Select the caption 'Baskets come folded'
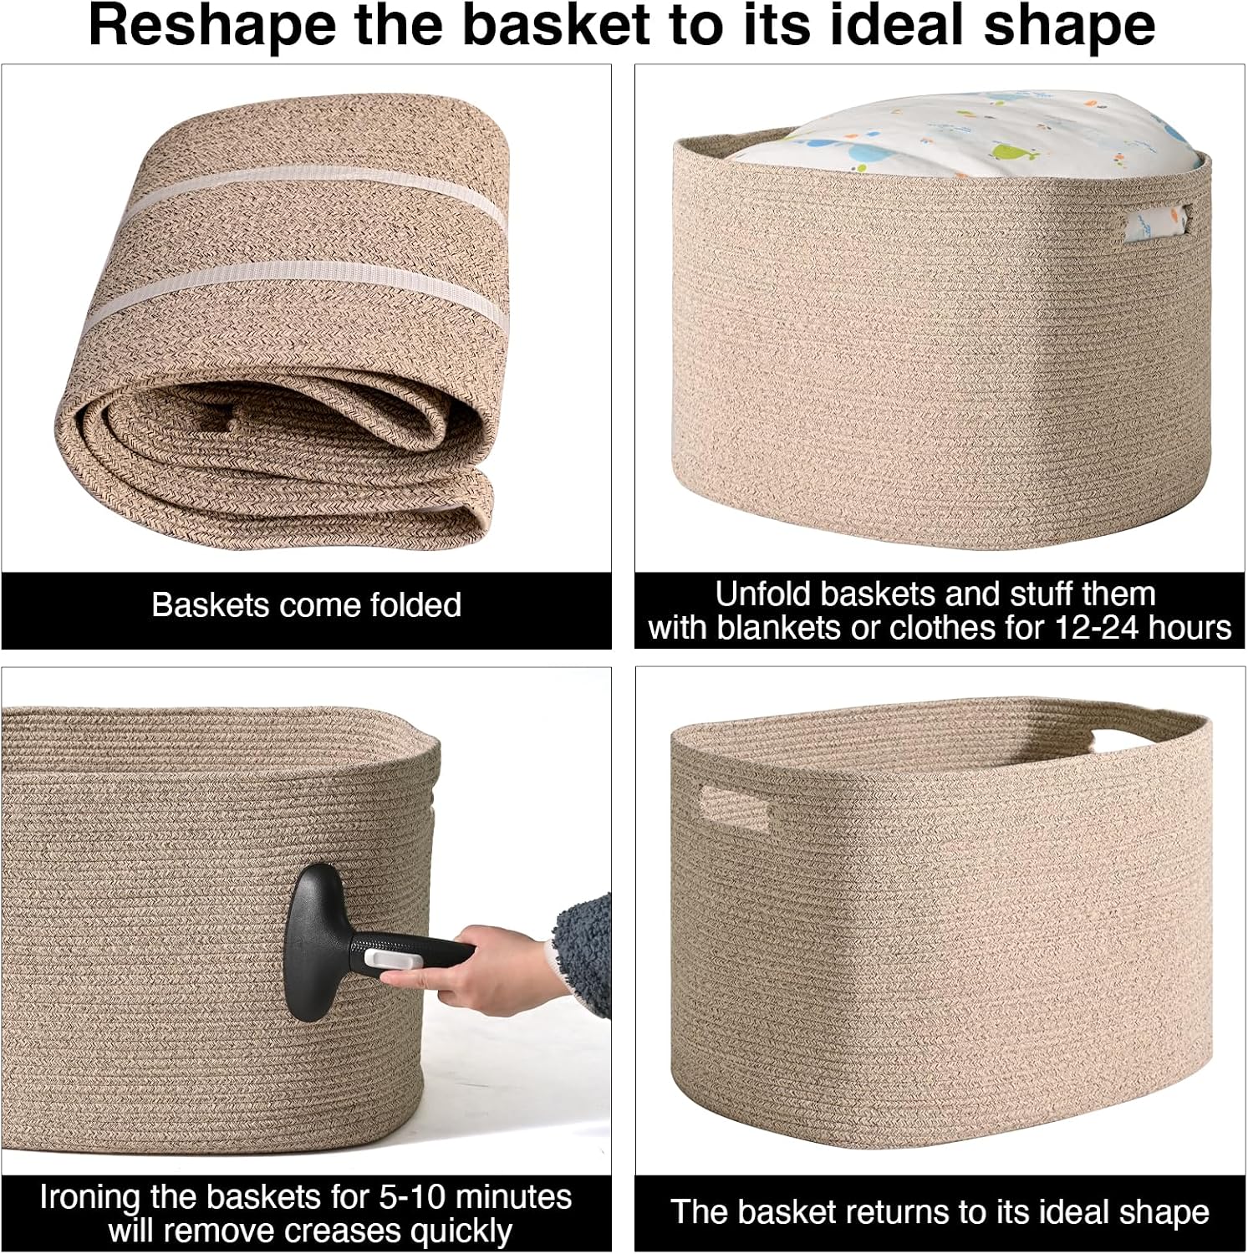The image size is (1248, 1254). click(x=306, y=604)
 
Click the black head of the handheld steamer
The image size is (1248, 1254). click(x=314, y=943)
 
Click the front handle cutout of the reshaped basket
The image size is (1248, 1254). click(x=735, y=808)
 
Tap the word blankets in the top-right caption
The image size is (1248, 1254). click(x=780, y=627)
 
